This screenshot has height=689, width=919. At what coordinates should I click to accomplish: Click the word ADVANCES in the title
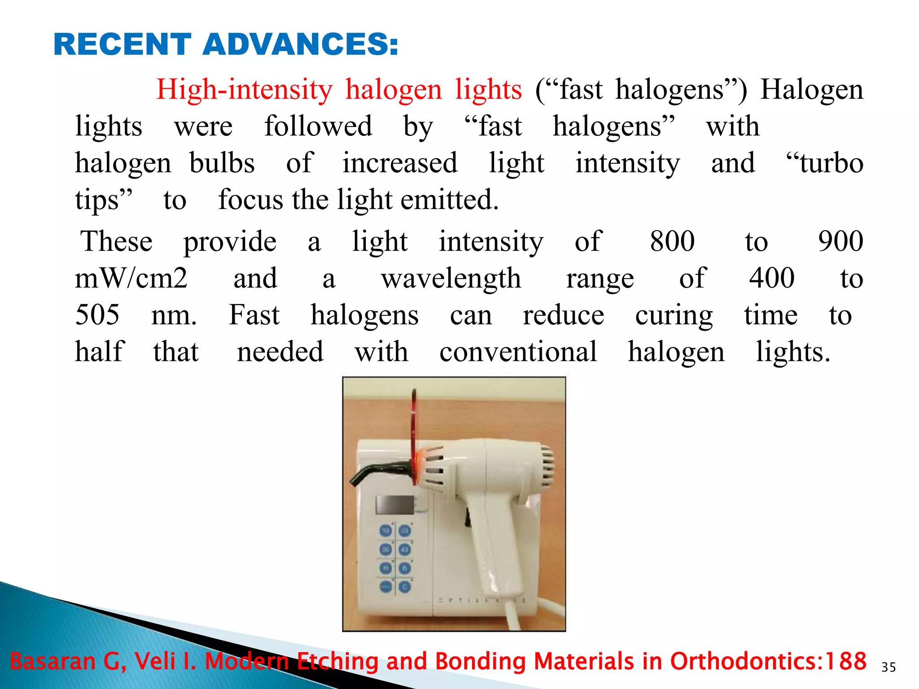coord(300,44)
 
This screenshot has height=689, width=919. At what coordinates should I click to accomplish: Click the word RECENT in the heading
coord(122,44)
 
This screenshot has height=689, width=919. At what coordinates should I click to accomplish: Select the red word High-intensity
coord(244,89)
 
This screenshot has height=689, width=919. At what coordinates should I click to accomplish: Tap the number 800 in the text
coord(672,241)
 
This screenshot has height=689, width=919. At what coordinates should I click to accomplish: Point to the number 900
coord(840,241)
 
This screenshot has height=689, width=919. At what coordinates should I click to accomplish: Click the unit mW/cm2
coord(131,279)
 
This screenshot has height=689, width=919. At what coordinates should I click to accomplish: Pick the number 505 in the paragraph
coord(97,314)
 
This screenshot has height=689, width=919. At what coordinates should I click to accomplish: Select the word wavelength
coord(451,279)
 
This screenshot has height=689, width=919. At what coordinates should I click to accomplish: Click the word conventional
coord(518,351)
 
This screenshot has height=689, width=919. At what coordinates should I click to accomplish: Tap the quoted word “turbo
coord(825,163)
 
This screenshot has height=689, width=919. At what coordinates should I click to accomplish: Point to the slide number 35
coord(888,667)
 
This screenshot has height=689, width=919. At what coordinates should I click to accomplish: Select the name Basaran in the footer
coord(53,661)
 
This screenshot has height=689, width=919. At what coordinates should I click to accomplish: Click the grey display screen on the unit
coord(395,505)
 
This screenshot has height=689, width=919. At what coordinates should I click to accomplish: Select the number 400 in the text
coord(772,279)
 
